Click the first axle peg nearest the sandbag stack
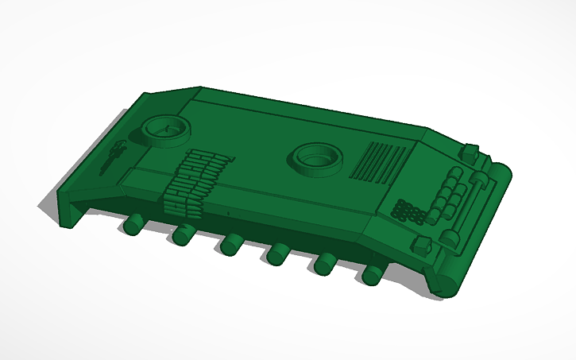pyautogui.click(x=133, y=225)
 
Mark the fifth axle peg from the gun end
pyautogui.click(x=324, y=263)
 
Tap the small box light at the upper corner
pyautogui.click(x=470, y=150)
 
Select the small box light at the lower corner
pyautogui.click(x=423, y=245)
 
